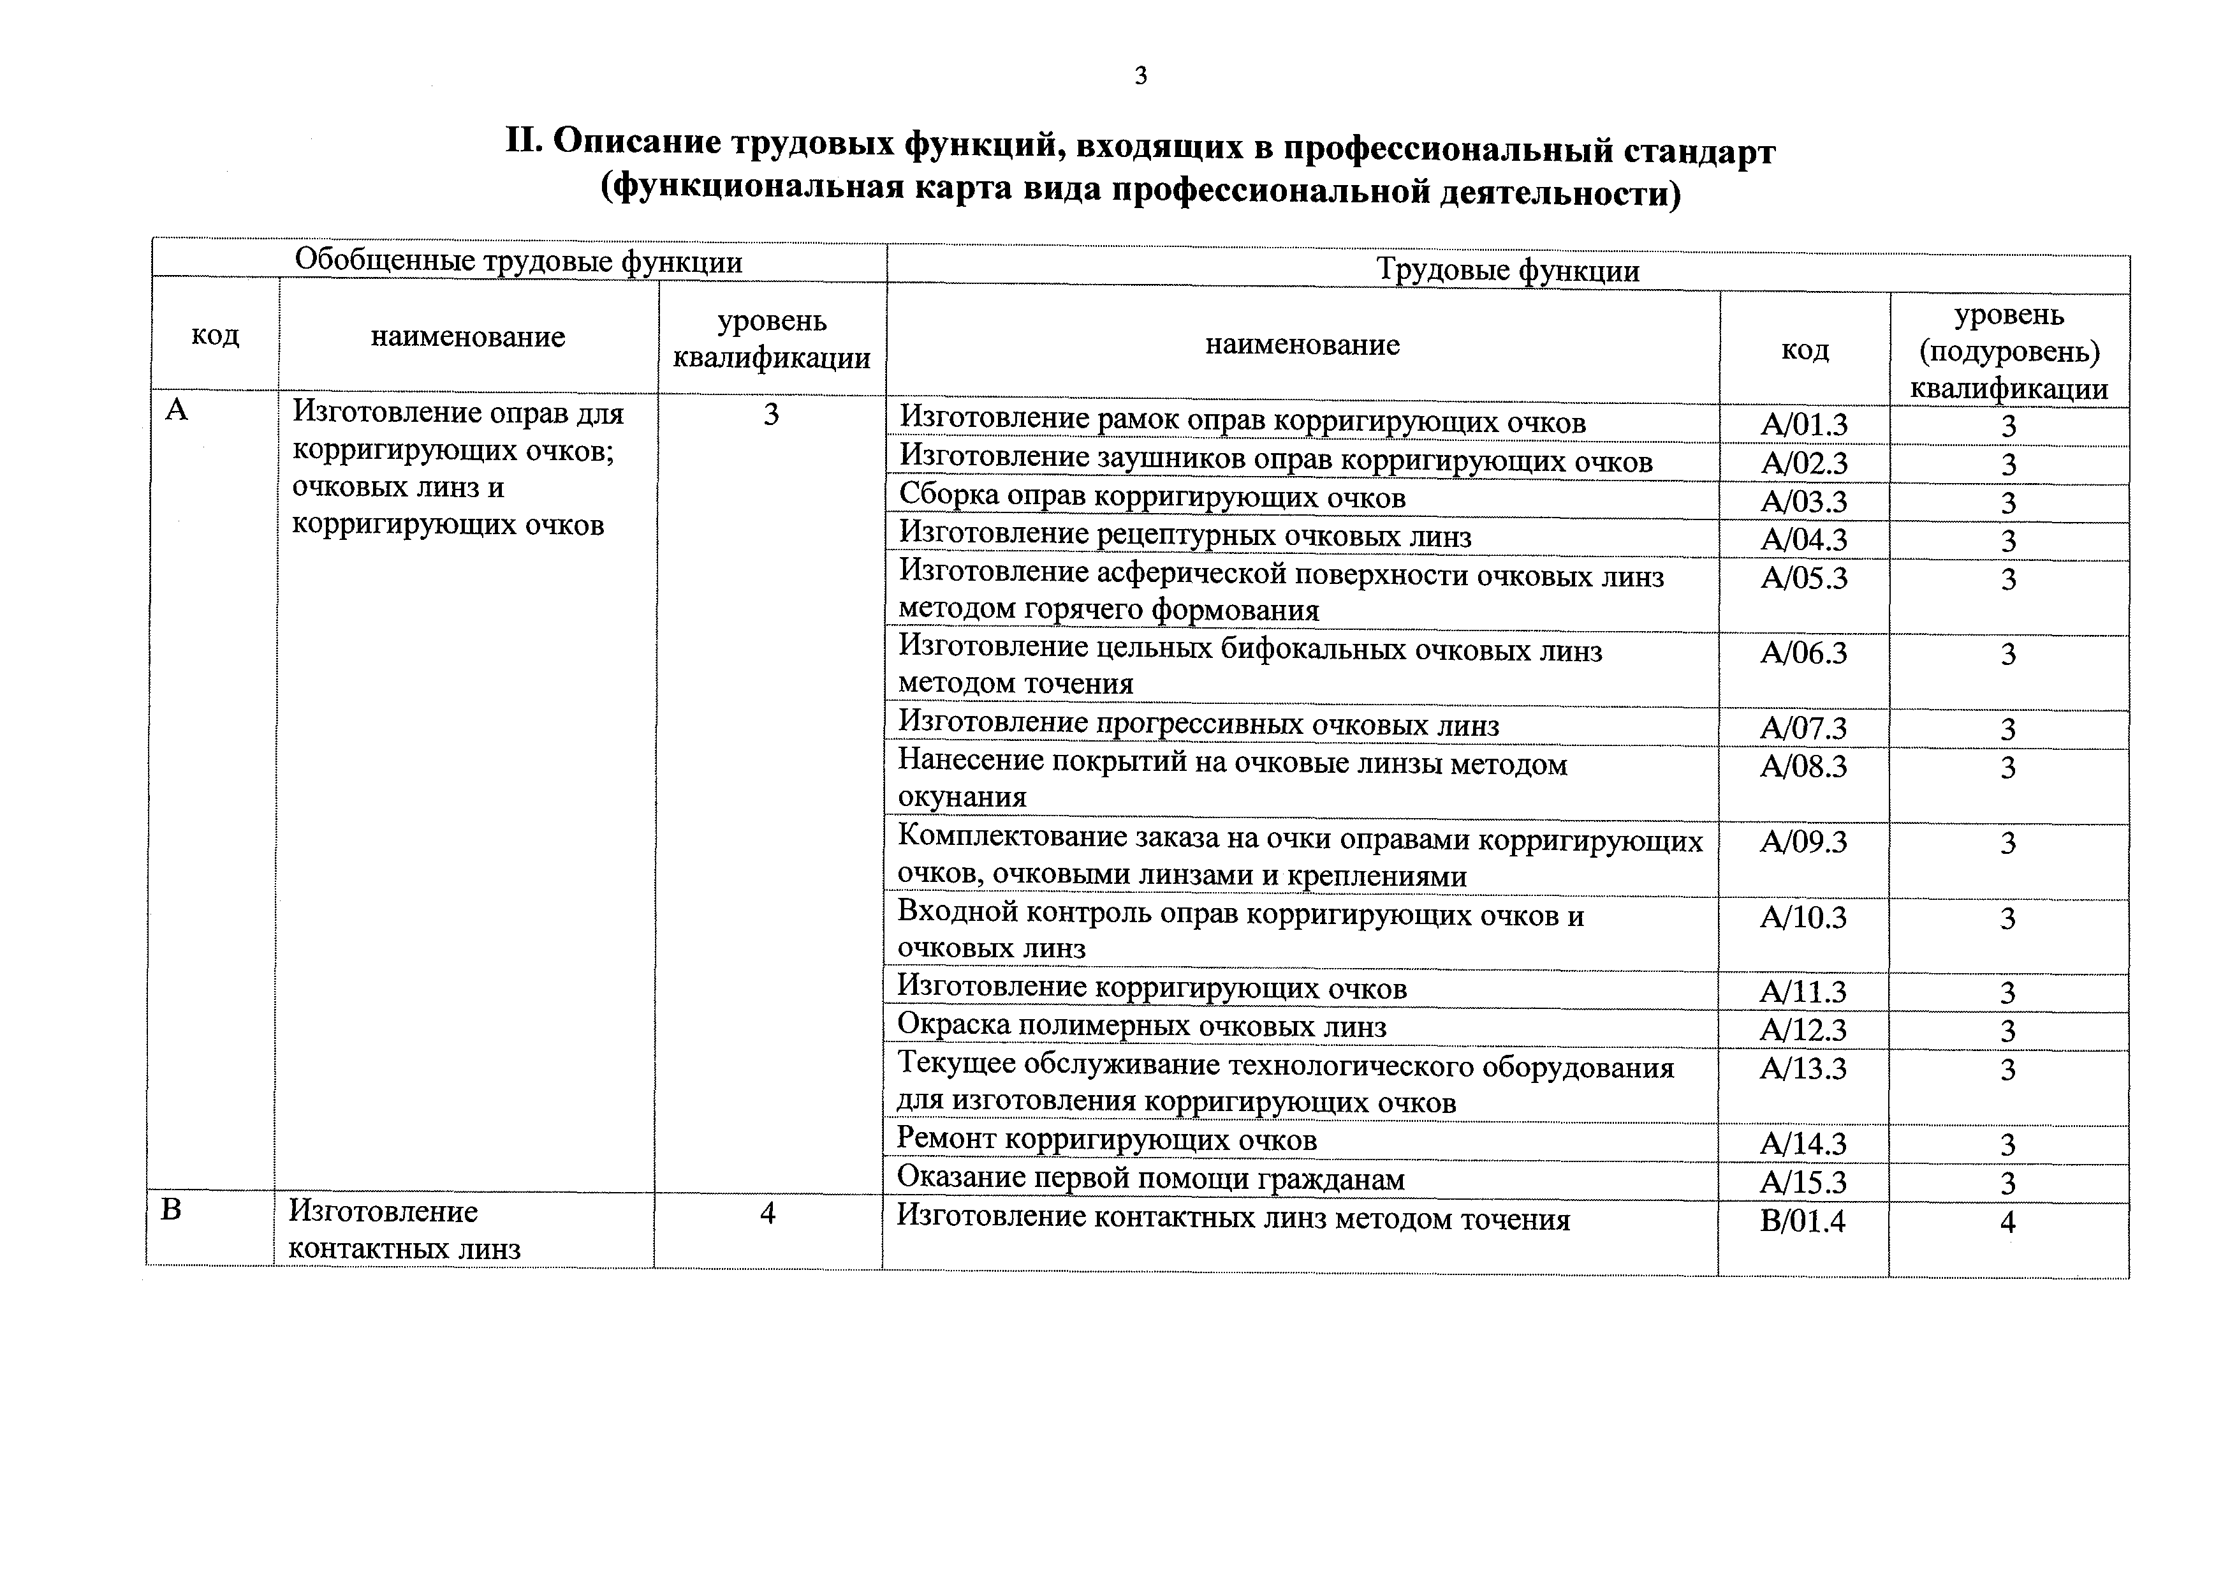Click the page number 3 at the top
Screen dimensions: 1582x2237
tap(1141, 76)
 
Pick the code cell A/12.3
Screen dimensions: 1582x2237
tap(1803, 1029)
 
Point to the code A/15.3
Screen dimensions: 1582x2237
tap(1803, 1183)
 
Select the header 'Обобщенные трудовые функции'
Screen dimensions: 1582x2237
tap(518, 261)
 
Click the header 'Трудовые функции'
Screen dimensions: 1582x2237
tap(1507, 270)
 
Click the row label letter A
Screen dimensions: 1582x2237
tap(177, 410)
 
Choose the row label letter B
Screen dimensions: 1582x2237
tap(170, 1211)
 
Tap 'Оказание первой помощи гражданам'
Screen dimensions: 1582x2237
tap(1150, 1179)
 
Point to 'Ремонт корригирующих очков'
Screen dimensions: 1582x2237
tap(1107, 1140)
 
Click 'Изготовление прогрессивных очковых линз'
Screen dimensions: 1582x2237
tap(1198, 724)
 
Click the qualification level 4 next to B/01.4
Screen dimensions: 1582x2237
tap(2007, 1221)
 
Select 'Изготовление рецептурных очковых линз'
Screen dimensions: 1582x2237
tap(1185, 535)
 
